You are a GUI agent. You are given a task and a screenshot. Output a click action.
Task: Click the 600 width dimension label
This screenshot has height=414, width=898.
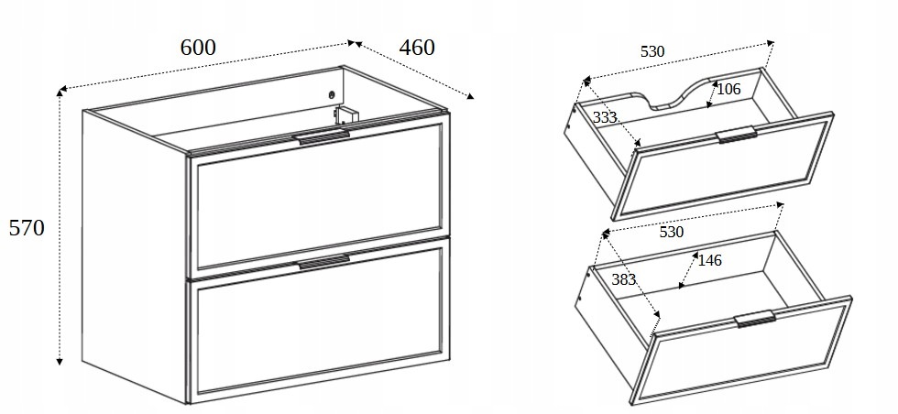tap(198, 47)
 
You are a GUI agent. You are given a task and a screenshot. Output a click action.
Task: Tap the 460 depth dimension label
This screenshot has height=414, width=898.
tap(417, 47)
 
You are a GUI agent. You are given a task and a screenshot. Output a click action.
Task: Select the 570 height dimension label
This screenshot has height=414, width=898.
tap(27, 228)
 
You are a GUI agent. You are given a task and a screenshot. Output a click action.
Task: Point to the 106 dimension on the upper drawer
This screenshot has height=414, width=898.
tap(729, 89)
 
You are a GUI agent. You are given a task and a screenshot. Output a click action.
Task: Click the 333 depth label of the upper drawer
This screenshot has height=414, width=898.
tap(605, 117)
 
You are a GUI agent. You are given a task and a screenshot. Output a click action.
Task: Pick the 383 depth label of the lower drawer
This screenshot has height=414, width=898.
tap(624, 279)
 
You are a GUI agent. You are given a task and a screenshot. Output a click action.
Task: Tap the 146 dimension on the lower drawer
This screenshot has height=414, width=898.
tap(709, 260)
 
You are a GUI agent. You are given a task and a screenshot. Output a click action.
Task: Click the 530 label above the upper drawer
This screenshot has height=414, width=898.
tap(652, 51)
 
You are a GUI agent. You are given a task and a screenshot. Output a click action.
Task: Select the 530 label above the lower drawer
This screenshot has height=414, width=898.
tap(671, 232)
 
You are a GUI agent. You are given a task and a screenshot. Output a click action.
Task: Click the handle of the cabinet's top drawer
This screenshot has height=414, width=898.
tap(323, 137)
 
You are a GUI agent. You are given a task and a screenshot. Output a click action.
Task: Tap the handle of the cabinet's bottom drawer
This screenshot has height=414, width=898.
tap(323, 262)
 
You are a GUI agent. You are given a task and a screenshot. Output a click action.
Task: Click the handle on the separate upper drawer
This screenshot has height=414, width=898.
tap(737, 135)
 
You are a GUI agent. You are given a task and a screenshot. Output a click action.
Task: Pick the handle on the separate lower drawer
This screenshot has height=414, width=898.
tap(755, 319)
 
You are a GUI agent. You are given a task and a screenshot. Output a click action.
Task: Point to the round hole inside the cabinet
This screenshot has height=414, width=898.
tap(331, 95)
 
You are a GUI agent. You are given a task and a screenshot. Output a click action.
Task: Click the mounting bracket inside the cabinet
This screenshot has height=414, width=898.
tap(346, 114)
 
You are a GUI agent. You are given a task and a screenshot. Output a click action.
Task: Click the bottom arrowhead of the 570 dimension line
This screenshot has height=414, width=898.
tap(59, 361)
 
